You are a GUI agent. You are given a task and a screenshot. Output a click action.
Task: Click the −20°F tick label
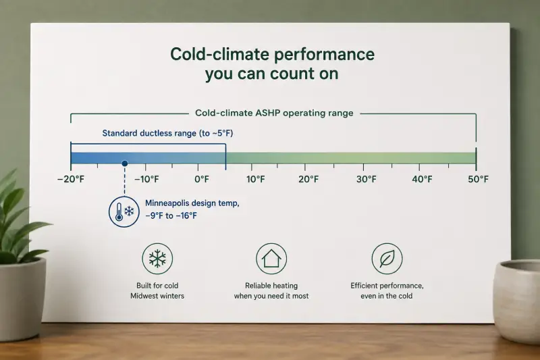coord(71,179)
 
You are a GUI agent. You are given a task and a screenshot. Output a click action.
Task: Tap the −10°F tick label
coord(146,179)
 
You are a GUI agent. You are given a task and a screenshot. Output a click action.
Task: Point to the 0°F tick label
coord(202,179)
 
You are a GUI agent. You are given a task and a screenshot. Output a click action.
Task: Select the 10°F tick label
coord(256,179)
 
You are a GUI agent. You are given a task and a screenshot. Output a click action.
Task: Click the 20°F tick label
coord(308,179)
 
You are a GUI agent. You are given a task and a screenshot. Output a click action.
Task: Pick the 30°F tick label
coord(367,179)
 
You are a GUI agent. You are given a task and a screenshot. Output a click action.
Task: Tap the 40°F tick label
coord(423,179)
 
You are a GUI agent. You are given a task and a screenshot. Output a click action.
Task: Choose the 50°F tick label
coord(478,179)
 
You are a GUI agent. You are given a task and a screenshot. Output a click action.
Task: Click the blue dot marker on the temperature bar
coord(125,163)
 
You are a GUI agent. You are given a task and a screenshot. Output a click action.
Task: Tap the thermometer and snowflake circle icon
coord(124,211)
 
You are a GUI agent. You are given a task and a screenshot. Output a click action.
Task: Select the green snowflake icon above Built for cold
coord(157,259)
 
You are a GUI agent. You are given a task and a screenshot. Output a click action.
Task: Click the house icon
coord(271,259)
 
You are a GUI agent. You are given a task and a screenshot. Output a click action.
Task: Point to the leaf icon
coord(387,259)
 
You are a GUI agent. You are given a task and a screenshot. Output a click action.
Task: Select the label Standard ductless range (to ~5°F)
coord(167,133)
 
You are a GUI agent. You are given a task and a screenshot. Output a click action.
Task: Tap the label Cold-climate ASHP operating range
coord(274,113)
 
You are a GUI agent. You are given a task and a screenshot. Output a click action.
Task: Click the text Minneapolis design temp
coord(192,203)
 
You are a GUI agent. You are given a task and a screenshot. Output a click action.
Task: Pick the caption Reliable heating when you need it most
coord(271,290)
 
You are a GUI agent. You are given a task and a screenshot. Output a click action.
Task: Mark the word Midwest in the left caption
coord(143,296)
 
